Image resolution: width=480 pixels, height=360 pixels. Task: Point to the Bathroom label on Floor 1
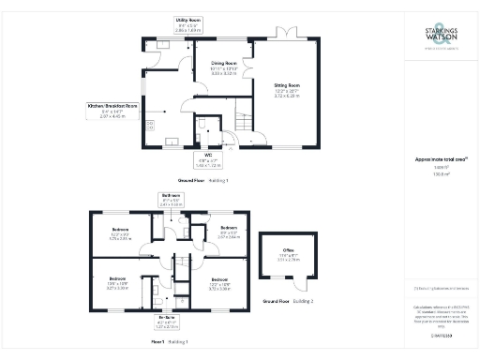(169, 200)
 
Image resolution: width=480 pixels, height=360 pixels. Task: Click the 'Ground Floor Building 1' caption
(203, 178)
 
